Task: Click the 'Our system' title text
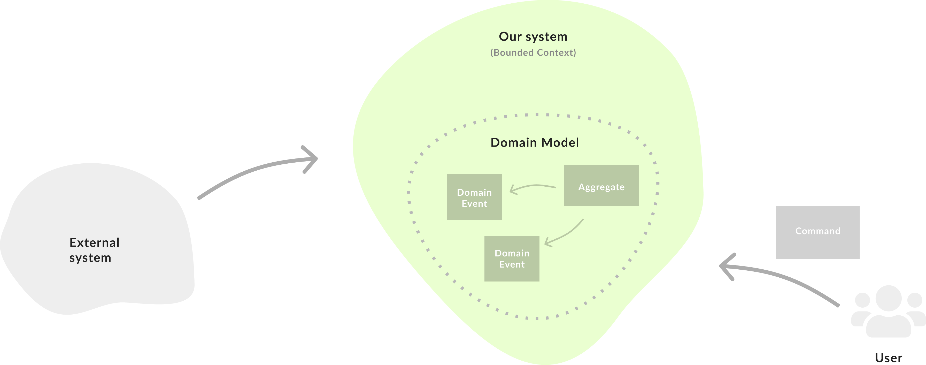point(533,37)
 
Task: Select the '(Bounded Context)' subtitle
point(533,52)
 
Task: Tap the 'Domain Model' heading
point(535,143)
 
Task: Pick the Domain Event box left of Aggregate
point(474,197)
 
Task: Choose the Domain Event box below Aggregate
point(512,258)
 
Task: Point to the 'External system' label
point(94,250)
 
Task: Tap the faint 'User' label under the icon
point(888,358)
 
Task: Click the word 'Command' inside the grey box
point(817,231)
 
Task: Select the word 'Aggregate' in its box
point(601,187)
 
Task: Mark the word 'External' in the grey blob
point(94,243)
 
